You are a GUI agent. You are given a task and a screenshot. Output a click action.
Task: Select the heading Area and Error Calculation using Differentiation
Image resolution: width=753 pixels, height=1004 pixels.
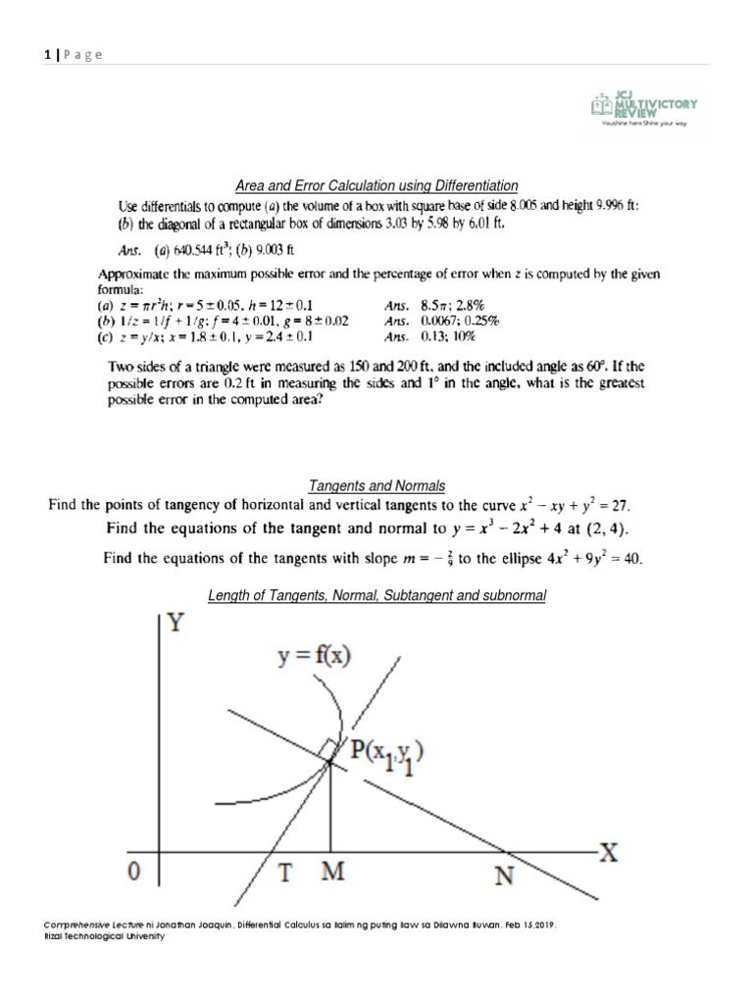pos(376,186)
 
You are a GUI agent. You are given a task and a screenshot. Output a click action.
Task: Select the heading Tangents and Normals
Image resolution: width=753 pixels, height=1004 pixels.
pos(376,486)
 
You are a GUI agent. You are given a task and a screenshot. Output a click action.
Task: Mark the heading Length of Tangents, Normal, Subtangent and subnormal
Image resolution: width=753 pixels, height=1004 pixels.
pos(376,595)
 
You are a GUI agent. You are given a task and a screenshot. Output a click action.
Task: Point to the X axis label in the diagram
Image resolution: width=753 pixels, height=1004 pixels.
pos(610,852)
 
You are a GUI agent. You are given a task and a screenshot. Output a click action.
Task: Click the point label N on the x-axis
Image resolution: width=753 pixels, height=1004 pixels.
pos(503,876)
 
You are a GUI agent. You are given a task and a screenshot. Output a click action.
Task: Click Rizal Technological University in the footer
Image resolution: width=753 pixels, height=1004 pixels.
pos(105,936)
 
